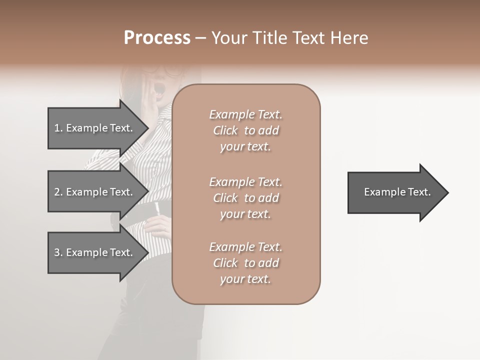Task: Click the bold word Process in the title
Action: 157,38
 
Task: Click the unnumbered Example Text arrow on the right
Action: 395,192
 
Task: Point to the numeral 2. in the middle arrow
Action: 58,192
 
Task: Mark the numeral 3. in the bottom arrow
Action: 58,252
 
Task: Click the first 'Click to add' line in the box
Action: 246,130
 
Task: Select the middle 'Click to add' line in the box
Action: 246,198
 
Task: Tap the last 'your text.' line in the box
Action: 245,279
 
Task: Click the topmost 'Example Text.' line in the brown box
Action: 246,114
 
